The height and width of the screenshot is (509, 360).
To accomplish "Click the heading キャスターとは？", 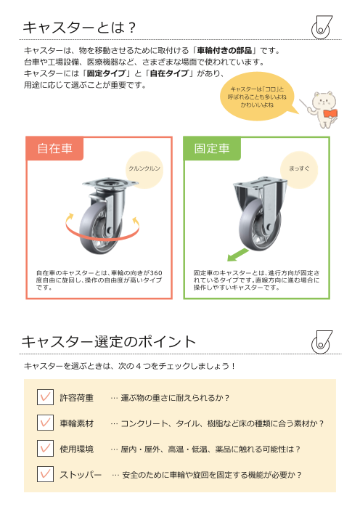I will click(80, 28).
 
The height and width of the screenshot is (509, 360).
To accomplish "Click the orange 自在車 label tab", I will click(54, 149).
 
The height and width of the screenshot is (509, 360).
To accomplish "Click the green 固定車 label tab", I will click(212, 149).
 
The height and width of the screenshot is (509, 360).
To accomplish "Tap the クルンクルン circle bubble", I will click(144, 168).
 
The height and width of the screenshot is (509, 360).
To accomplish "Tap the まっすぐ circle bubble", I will click(299, 168).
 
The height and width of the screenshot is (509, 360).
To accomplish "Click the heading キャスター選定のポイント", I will click(109, 341).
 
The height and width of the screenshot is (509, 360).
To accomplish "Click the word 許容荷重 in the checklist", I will click(76, 398).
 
